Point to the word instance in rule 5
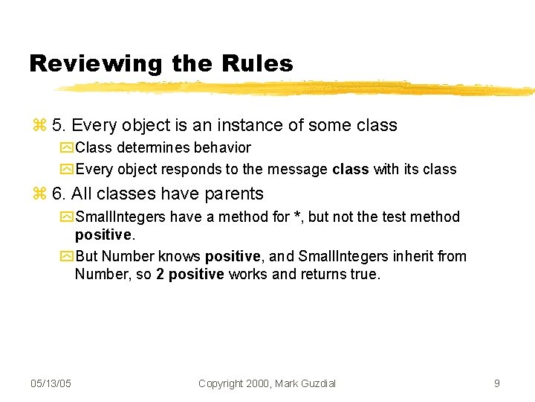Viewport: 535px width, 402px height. (238, 125)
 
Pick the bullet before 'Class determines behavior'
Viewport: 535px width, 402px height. (67, 148)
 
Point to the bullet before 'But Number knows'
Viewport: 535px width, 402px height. (67, 257)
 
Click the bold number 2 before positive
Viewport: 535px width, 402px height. (160, 274)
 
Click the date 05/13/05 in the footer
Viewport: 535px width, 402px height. (51, 383)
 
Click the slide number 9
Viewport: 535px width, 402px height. (496, 383)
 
